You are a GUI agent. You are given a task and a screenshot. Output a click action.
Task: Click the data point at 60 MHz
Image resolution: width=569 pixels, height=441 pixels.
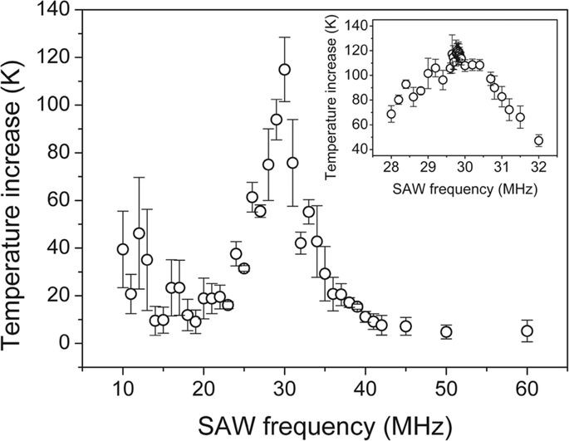point(527,331)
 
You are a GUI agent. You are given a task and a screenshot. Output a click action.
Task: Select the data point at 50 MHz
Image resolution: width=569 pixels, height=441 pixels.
point(446,332)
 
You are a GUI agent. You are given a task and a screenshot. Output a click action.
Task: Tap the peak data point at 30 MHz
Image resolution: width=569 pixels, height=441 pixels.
point(284,70)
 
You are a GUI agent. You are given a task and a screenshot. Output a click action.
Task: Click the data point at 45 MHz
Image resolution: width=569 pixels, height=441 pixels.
point(405,326)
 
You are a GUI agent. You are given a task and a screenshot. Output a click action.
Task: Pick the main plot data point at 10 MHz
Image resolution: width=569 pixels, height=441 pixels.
point(123,249)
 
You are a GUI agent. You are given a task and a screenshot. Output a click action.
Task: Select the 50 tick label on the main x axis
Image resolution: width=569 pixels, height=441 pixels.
point(446,387)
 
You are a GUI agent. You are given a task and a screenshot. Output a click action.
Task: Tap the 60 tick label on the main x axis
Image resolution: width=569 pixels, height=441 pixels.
point(527,387)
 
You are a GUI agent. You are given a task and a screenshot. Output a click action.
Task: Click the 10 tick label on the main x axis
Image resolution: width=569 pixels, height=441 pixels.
point(123,387)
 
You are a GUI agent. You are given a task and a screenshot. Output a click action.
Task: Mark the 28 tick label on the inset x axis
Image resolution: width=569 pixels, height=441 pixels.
point(390,164)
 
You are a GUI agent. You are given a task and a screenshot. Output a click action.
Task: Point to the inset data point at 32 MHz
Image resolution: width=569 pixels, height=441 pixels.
point(538,140)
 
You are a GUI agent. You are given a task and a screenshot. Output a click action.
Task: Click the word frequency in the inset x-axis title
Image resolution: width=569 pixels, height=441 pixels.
point(456,186)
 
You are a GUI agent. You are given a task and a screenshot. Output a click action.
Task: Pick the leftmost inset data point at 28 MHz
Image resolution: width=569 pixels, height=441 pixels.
point(391,115)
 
